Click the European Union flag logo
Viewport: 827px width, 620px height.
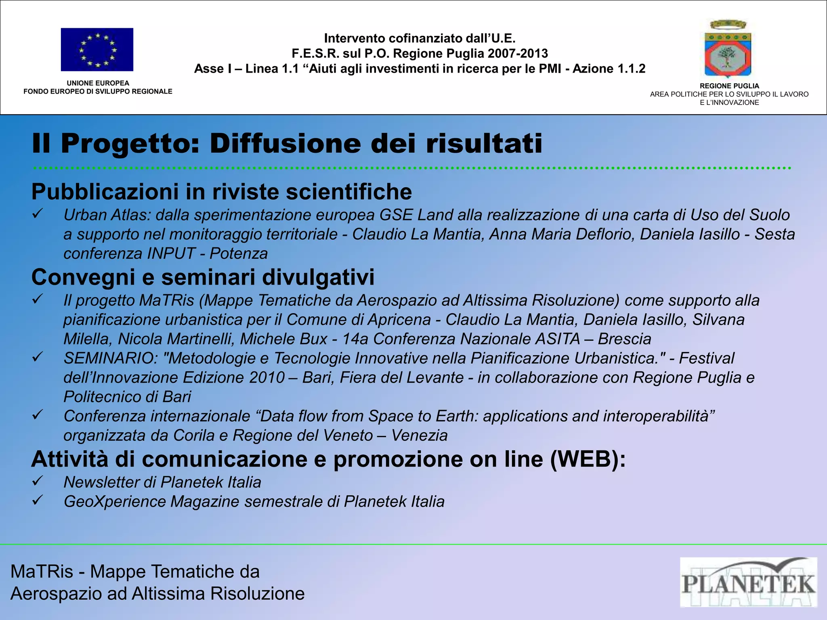pos(97,50)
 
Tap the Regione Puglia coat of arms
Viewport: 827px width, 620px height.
pos(728,49)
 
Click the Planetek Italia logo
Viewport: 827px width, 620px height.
pos(748,582)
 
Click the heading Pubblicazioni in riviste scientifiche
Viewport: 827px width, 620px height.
pos(222,192)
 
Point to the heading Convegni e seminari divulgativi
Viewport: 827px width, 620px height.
pos(203,277)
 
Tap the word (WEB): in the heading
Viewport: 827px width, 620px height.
pos(588,459)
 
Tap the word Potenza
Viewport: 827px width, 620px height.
pos(239,254)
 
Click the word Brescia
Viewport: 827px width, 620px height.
pos(624,339)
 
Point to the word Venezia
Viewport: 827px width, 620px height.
pos(419,436)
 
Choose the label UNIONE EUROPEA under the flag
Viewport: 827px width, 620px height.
pos(98,83)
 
